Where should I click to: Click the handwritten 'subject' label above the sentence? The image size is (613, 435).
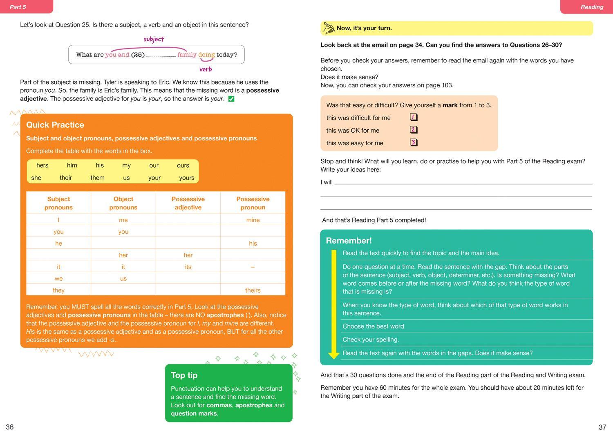coord(154,39)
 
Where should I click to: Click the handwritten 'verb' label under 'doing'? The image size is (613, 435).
coord(206,69)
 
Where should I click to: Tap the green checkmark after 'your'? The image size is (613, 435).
coord(231,99)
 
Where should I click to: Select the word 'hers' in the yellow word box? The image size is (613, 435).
coord(42,165)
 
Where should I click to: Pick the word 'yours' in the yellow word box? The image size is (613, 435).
coord(187,178)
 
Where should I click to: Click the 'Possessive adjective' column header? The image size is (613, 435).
coord(188,203)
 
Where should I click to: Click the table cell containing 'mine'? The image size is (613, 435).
coord(253,220)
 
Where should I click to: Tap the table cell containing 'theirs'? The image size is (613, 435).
coord(253,291)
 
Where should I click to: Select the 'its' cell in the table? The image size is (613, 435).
coord(188,267)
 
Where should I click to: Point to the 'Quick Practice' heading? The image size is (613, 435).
coord(55,125)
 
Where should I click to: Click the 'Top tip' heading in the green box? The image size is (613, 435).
coord(184,375)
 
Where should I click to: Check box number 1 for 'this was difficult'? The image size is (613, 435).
coord(414,118)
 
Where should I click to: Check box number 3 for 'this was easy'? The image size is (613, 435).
coord(414,142)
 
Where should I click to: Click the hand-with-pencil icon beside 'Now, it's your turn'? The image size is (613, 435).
coord(329,28)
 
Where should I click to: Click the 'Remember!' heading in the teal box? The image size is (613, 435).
coord(349,241)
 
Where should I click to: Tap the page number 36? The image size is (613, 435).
coord(10,427)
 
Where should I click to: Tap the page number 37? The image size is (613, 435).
coord(602,427)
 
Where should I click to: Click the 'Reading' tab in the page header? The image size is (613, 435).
coord(592,7)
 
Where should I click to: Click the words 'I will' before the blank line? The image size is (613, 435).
coord(327,182)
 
